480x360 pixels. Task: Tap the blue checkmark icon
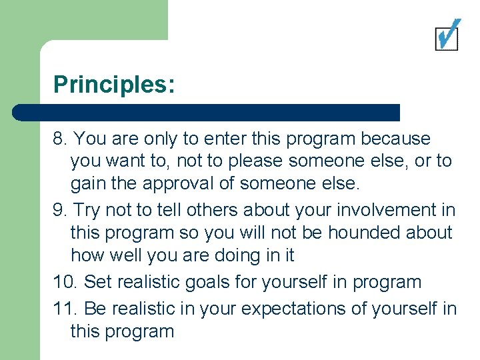[447, 34]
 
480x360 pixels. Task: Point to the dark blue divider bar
[207, 112]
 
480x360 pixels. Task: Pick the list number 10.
[66, 282]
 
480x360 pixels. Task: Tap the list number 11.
[65, 309]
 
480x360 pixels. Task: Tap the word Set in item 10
[98, 282]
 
